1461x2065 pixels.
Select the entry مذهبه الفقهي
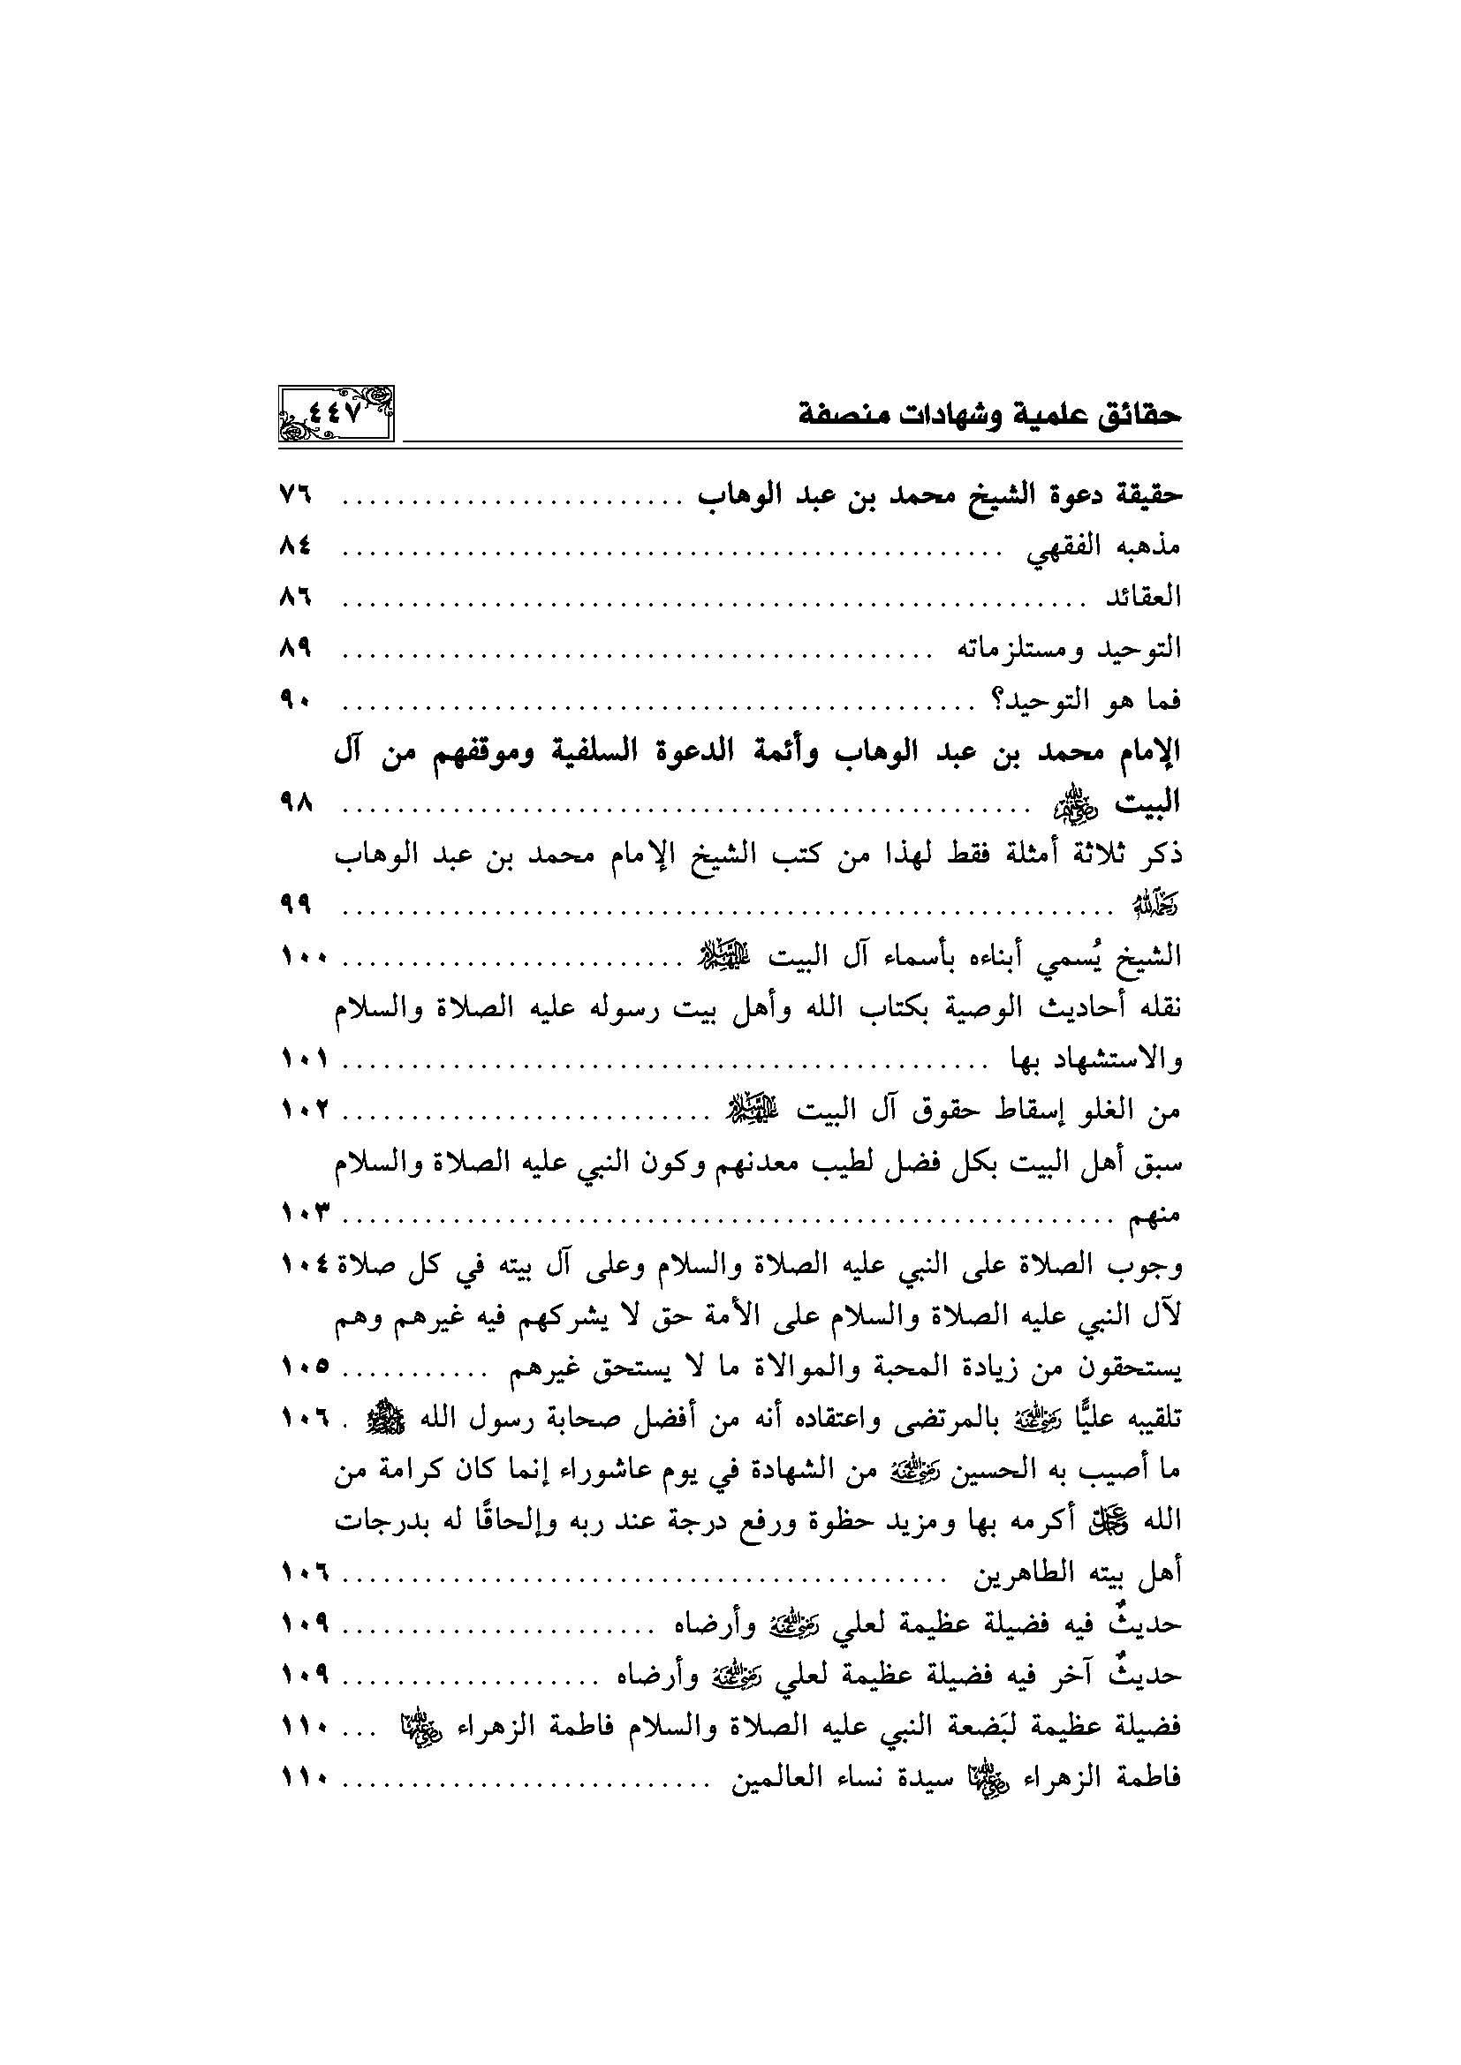(1104, 546)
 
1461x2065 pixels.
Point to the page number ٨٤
(294, 545)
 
